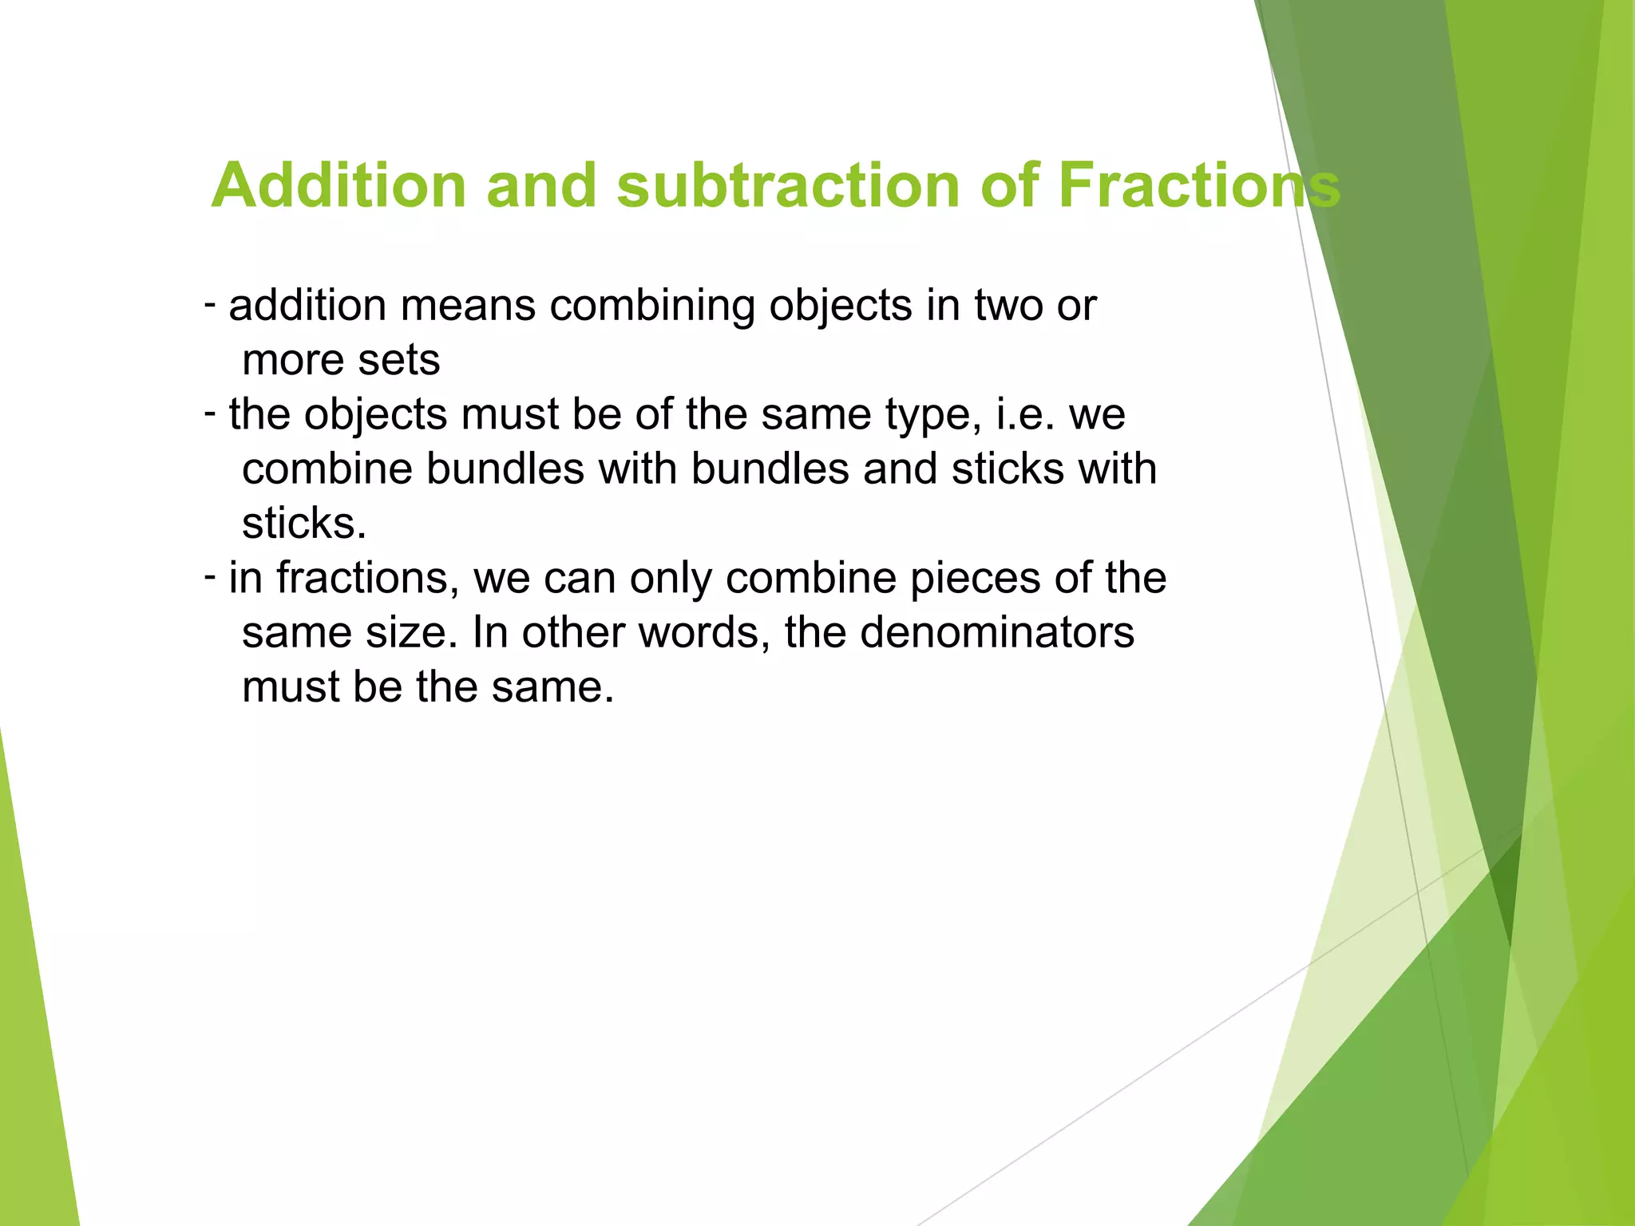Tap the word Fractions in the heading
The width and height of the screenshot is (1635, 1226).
(1198, 185)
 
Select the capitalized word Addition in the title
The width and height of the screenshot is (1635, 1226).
(338, 185)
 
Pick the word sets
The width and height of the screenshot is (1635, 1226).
(398, 360)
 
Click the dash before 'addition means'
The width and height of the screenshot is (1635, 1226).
(210, 304)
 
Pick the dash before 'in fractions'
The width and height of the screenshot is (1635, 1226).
(210, 576)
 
